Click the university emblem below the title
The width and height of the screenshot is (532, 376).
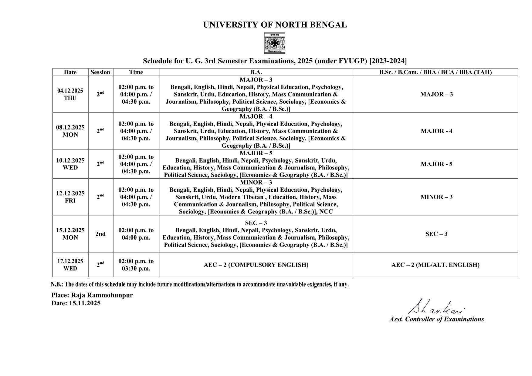274,43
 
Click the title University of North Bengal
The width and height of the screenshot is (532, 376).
275,25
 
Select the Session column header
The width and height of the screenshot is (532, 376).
100,72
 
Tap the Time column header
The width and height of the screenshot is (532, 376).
136,72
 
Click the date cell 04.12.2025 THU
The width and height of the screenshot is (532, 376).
70,94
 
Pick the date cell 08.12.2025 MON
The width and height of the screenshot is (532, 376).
70,131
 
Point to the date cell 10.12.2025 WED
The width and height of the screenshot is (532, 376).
70,164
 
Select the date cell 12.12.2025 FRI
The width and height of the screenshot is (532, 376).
70,197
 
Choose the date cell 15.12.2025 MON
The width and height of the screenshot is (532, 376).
70,234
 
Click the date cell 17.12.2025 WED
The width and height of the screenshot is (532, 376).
70,265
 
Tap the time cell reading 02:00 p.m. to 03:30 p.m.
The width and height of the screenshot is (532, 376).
136,265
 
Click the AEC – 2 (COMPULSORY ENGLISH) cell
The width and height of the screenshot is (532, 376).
256,265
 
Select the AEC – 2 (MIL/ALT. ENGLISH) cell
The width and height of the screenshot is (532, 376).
435,265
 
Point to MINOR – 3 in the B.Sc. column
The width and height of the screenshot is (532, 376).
436,197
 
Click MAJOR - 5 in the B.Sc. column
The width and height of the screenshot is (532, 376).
436,164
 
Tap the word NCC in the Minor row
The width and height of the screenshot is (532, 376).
326,212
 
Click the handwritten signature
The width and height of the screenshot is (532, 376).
435,307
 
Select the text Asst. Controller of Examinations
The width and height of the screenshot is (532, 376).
436,319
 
